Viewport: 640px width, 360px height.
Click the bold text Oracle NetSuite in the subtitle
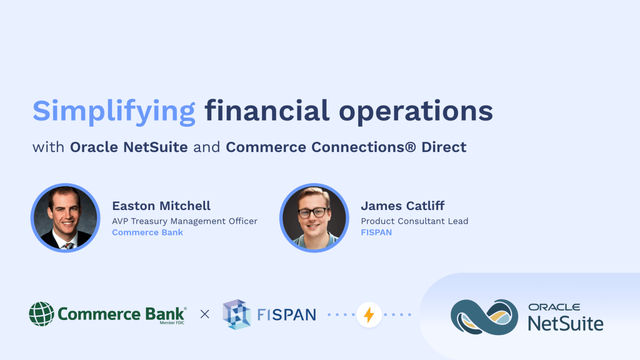[129, 147]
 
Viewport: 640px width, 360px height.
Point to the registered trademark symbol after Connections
[410, 147]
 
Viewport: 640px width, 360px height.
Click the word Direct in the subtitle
[444, 147]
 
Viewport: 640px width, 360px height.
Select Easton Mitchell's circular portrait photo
[65, 218]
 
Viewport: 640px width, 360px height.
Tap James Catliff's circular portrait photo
[314, 218]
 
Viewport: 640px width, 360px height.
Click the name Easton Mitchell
[161, 206]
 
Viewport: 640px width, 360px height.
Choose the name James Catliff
[402, 206]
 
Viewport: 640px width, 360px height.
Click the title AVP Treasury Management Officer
[185, 221]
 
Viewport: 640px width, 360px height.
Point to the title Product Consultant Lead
[414, 221]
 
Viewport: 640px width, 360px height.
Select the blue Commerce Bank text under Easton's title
[147, 232]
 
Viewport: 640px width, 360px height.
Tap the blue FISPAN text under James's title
[376, 232]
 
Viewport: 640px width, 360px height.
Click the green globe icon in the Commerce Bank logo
[42, 314]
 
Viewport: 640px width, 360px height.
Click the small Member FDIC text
[172, 323]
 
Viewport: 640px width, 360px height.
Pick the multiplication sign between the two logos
[205, 314]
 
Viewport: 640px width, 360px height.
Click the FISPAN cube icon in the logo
[237, 314]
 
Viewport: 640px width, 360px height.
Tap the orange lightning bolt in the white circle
[369, 315]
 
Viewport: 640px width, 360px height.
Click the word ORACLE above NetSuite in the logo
[554, 307]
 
